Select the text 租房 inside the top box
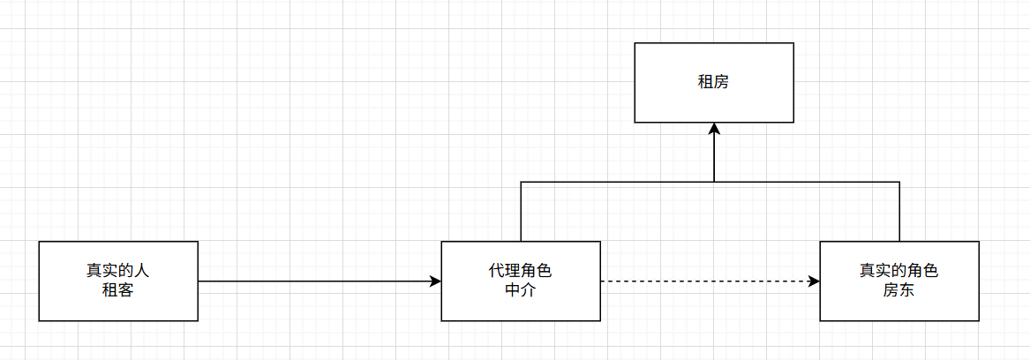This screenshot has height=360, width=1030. pos(714,83)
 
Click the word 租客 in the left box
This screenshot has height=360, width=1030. pos(118,289)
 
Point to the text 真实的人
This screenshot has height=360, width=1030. pos(118,271)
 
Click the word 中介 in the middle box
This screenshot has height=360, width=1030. pos(521,289)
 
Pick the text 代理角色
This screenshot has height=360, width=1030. pos(521,271)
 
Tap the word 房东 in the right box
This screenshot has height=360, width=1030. pos(898,289)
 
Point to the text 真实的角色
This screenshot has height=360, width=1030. pos(898,271)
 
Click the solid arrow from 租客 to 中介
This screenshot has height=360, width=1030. pos(318,281)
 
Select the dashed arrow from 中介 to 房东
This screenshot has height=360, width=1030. pos(706,281)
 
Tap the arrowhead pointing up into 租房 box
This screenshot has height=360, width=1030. pos(714,129)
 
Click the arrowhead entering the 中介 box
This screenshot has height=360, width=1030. pos(435,281)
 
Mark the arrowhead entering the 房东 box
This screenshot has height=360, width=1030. pos(814,281)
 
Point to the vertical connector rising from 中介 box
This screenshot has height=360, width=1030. pos(521,212)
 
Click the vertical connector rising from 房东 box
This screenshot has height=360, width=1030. pos(898,212)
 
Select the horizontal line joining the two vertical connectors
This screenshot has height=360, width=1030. pos(618,183)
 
